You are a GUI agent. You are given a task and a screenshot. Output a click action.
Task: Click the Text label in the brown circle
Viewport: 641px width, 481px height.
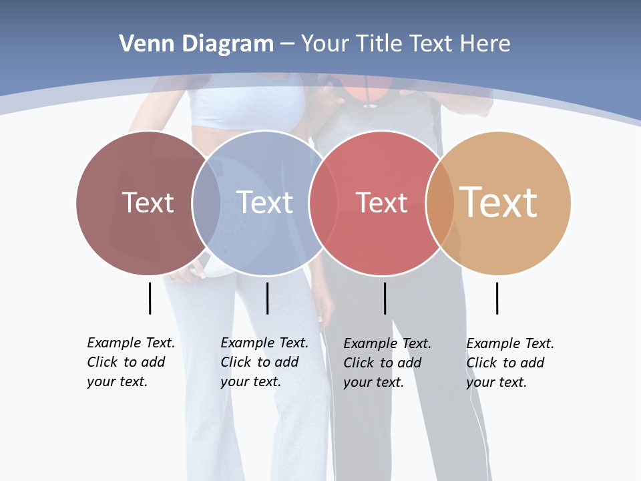[148, 202]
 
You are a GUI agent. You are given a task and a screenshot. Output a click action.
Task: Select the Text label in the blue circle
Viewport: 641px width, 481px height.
[265, 202]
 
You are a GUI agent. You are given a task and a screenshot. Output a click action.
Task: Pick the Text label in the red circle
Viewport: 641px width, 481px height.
[381, 202]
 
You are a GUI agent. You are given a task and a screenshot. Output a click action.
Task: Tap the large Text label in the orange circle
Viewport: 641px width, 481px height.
[499, 202]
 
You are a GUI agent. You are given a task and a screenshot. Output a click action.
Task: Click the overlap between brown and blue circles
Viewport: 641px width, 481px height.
[206, 202]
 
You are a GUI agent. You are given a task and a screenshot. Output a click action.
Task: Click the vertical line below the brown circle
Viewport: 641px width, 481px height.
[150, 298]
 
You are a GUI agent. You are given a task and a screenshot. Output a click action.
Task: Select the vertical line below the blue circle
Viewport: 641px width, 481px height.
[267, 298]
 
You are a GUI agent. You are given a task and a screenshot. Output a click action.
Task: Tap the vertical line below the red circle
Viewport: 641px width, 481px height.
[385, 298]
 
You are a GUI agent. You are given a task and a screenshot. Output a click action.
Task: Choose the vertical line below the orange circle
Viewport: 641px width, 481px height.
[497, 298]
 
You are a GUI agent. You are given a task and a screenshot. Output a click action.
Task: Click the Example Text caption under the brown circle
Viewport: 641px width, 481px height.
[130, 362]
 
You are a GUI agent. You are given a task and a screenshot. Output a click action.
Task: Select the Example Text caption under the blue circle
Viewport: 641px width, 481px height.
[264, 362]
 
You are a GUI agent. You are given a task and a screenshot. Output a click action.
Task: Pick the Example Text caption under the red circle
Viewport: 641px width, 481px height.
[387, 363]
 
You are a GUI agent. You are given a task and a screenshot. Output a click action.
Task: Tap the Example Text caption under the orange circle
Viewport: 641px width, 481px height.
[509, 363]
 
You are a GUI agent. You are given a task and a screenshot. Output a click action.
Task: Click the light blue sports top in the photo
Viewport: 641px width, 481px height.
[247, 100]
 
